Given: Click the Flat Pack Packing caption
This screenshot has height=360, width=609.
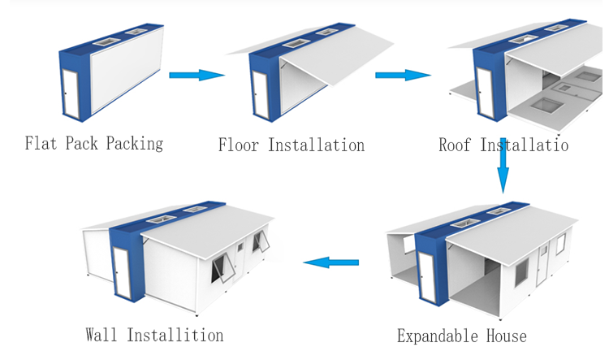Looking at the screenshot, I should pyautogui.click(x=93, y=144).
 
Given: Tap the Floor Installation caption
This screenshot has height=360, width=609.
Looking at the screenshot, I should pyautogui.click(x=291, y=145).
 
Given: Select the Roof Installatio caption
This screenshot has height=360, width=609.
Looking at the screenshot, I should pyautogui.click(x=503, y=145).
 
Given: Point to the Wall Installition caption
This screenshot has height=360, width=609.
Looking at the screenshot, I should pyautogui.click(x=154, y=335).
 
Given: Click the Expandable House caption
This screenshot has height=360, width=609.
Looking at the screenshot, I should pyautogui.click(x=461, y=336).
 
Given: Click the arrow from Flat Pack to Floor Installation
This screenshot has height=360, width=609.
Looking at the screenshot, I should pyautogui.click(x=197, y=75).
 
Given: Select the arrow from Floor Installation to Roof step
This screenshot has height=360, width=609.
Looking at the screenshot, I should pyautogui.click(x=403, y=75).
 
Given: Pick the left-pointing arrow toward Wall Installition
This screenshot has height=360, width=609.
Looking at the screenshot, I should pyautogui.click(x=331, y=262).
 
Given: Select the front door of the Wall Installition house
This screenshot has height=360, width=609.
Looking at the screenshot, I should pyautogui.click(x=122, y=276).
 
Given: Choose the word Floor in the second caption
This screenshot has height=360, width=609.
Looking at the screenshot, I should pyautogui.click(x=240, y=145).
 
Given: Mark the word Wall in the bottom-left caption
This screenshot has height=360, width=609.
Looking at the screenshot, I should pyautogui.click(x=103, y=335).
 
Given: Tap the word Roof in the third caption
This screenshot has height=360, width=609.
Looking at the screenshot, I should pyautogui.click(x=456, y=145).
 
